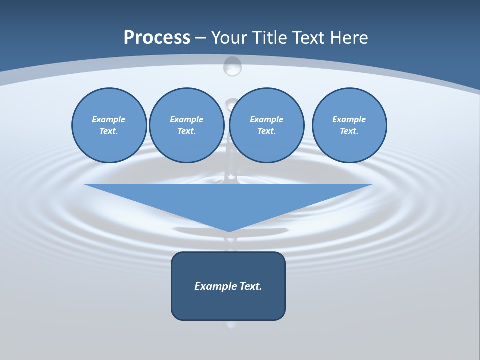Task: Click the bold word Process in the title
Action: pos(157,38)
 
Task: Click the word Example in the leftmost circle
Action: pos(109,119)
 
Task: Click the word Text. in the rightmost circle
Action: pos(349,131)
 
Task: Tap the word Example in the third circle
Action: pos(267,119)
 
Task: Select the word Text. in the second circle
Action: pos(187,131)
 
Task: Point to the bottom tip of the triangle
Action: pos(228,231)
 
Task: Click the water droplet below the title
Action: pos(232,66)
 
